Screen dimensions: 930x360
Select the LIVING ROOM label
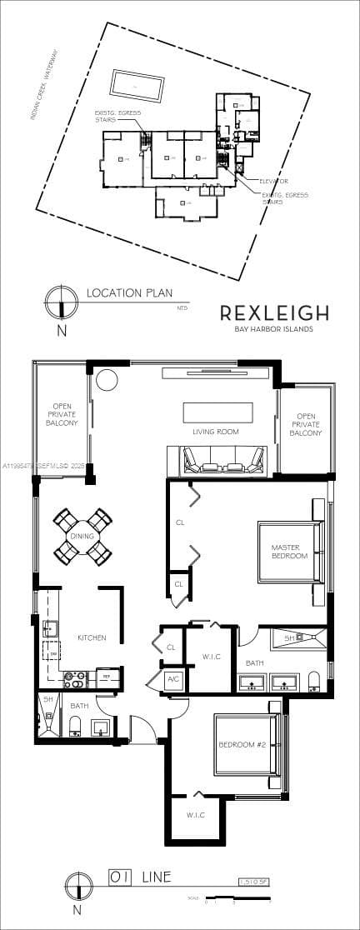click(x=217, y=432)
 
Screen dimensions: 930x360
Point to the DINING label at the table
click(x=82, y=537)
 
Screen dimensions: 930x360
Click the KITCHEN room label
click(x=92, y=637)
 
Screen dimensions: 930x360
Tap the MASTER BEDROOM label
click(x=289, y=552)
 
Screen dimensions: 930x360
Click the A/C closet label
click(x=173, y=679)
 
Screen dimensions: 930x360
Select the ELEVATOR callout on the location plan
click(x=272, y=181)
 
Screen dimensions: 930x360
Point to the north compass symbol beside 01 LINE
click(x=77, y=885)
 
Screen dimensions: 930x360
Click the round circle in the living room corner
click(x=106, y=380)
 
